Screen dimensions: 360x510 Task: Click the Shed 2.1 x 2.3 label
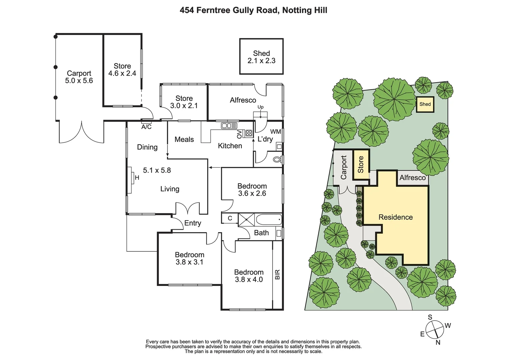(261, 57)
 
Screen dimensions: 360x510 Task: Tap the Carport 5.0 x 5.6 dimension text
(79, 81)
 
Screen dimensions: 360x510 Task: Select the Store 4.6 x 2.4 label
(122, 70)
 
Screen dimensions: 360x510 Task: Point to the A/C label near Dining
(146, 127)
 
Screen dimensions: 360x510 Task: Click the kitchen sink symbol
(229, 126)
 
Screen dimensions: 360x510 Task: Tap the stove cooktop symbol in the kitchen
(248, 133)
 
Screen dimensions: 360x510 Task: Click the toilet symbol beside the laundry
(277, 160)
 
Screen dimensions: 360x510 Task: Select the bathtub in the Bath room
(269, 220)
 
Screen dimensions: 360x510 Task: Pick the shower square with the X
(246, 220)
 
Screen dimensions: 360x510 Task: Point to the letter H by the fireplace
(137, 178)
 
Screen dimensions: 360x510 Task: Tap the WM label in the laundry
(276, 132)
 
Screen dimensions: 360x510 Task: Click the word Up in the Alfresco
(261, 107)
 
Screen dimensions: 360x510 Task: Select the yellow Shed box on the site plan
(425, 104)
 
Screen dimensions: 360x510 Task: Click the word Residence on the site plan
(396, 217)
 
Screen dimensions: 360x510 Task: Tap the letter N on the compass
(438, 342)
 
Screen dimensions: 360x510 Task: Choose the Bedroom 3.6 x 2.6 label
(252, 190)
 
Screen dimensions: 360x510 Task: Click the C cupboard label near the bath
(230, 218)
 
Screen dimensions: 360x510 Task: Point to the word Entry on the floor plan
(192, 223)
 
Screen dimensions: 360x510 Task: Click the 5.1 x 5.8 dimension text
(157, 170)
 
